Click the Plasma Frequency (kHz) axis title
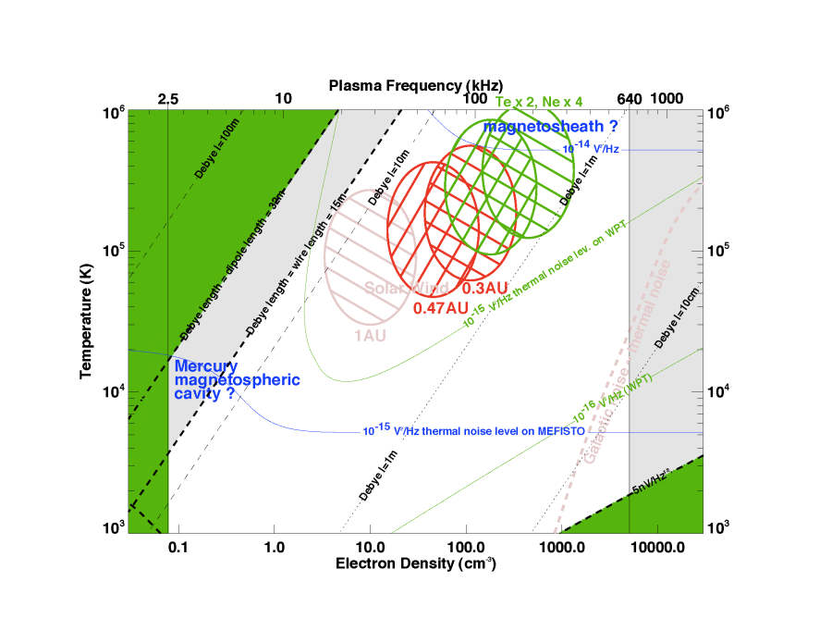tap(413, 85)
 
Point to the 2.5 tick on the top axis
tap(168, 99)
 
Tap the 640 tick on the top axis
tap(629, 99)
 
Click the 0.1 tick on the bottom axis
tap(177, 547)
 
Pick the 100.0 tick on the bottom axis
tap(465, 547)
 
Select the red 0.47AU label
tap(438, 307)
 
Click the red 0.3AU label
tap(486, 289)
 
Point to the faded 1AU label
tap(370, 335)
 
